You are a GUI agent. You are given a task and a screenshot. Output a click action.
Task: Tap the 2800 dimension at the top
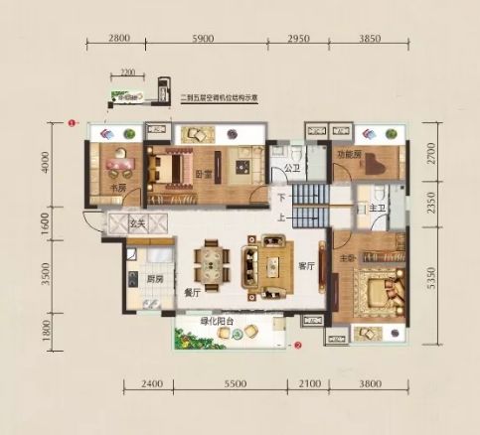(x=118, y=37)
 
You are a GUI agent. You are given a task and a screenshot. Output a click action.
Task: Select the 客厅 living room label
(x=305, y=266)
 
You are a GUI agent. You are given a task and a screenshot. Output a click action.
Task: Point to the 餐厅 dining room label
(x=194, y=294)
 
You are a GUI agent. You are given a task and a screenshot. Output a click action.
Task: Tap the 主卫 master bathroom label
(x=379, y=208)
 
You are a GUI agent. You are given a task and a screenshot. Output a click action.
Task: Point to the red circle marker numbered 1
(x=72, y=123)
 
